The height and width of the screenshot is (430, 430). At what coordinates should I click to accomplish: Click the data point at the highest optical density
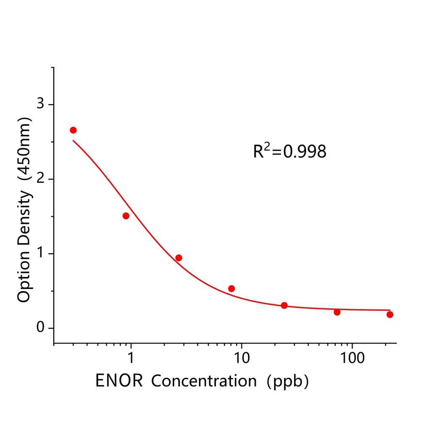(x=73, y=130)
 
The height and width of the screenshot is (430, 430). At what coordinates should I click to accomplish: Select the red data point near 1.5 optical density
(x=126, y=216)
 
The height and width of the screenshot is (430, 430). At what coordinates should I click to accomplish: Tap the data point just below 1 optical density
(x=178, y=258)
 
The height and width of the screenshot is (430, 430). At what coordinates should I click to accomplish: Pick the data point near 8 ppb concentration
(x=231, y=288)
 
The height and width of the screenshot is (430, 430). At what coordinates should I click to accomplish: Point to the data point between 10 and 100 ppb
(x=284, y=305)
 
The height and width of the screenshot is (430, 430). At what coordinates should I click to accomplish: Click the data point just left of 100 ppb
(x=337, y=312)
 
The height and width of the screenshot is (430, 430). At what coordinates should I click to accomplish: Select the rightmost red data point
(x=390, y=315)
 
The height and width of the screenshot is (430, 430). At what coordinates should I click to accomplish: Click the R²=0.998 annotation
(x=289, y=152)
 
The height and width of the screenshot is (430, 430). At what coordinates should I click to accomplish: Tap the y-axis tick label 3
(x=40, y=104)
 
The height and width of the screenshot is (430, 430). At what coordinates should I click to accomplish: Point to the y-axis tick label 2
(x=40, y=179)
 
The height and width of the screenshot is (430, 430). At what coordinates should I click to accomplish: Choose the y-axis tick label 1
(x=40, y=254)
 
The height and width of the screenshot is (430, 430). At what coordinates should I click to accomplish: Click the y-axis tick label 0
(x=40, y=328)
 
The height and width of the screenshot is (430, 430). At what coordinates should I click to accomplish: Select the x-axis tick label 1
(x=131, y=358)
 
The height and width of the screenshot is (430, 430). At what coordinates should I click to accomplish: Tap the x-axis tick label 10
(x=241, y=358)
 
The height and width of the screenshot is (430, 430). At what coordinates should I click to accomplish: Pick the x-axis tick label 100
(x=351, y=358)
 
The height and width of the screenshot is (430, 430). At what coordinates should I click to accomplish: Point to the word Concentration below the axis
(x=204, y=381)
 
